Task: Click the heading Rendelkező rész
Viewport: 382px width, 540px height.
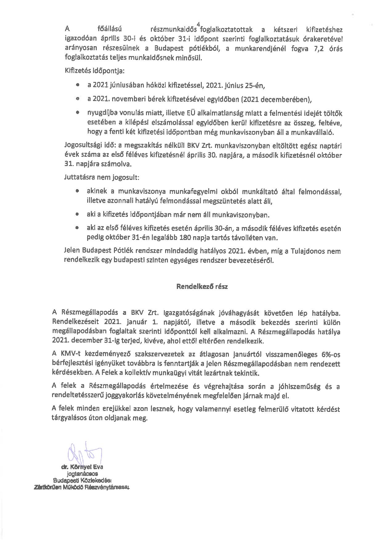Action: click(202, 286)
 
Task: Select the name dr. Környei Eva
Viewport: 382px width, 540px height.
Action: click(82, 467)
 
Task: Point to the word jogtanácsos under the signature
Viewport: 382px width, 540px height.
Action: click(82, 473)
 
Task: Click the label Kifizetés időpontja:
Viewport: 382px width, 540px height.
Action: click(94, 71)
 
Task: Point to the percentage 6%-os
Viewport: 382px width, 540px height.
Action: click(329, 354)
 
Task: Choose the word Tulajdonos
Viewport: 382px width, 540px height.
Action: click(308, 251)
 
